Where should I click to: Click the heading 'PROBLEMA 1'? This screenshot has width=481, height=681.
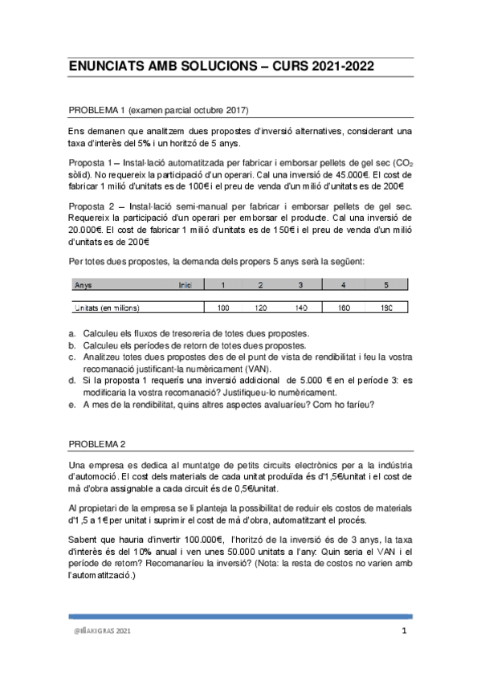coord(98,109)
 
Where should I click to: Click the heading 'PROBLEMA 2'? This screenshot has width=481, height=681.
coord(97,443)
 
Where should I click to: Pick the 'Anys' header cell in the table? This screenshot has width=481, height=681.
coord(83,285)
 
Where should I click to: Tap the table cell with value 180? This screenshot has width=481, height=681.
coord(385,308)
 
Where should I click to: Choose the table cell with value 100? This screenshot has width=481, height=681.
coord(223,308)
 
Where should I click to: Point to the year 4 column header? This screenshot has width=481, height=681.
coord(344,285)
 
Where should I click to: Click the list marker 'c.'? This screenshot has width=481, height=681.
coord(72,356)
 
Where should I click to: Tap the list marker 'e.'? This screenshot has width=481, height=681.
coord(72,404)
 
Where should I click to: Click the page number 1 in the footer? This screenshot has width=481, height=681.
coord(405,631)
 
